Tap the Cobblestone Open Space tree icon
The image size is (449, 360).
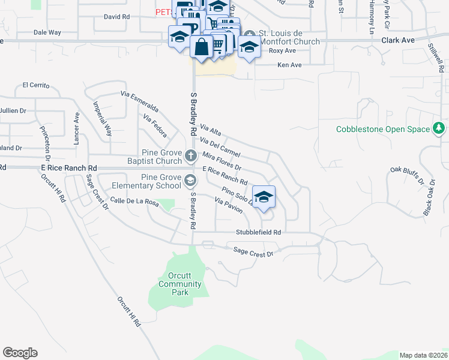[x=439, y=128]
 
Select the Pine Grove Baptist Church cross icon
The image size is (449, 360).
[x=191, y=156]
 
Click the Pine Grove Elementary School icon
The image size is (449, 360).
[x=190, y=180]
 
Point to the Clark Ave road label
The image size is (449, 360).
[x=398, y=40]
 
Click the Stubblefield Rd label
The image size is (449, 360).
[x=258, y=232]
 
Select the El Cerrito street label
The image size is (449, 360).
[x=35, y=85]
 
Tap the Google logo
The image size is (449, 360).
[x=20, y=353]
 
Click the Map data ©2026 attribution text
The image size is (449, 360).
[x=423, y=355]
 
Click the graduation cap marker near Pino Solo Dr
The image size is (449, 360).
[x=264, y=197]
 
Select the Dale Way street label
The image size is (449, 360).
[x=47, y=32]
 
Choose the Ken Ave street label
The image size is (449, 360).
[x=289, y=64]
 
